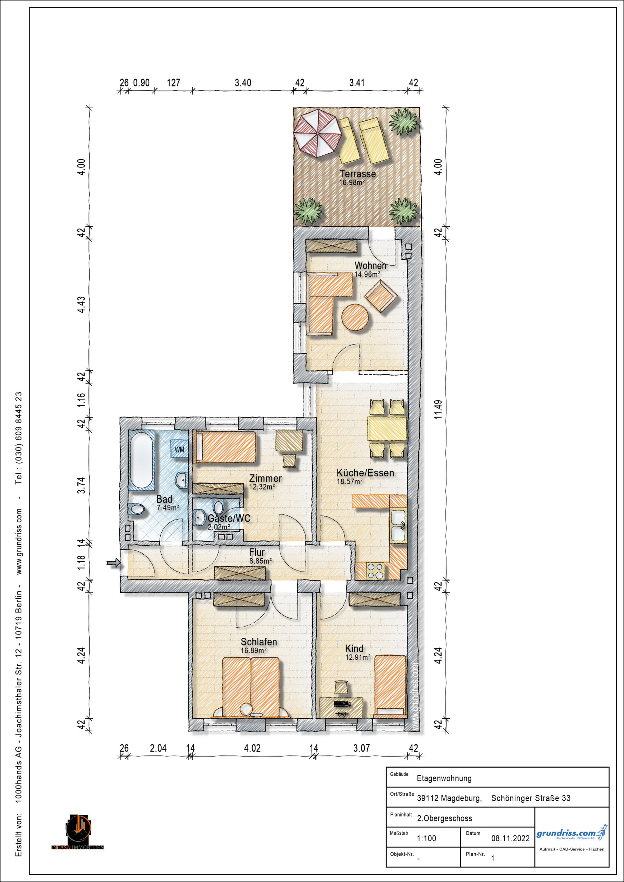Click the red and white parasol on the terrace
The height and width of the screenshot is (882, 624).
318,133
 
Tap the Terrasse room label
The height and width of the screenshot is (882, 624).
358,174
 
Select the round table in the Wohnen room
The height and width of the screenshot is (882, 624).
355,317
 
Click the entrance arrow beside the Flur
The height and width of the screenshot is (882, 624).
114,563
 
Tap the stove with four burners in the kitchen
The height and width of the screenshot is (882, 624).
375,571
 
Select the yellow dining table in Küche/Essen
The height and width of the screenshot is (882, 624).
387,429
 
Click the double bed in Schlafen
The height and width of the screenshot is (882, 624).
251,687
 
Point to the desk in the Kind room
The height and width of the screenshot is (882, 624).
341,707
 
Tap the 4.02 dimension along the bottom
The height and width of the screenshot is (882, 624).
252,748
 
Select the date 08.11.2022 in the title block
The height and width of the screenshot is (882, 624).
510,838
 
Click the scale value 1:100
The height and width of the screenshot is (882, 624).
426,838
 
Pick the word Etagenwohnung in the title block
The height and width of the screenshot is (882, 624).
444,778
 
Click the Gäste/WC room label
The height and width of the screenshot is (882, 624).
229,518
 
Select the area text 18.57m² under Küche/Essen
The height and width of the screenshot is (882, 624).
350,481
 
